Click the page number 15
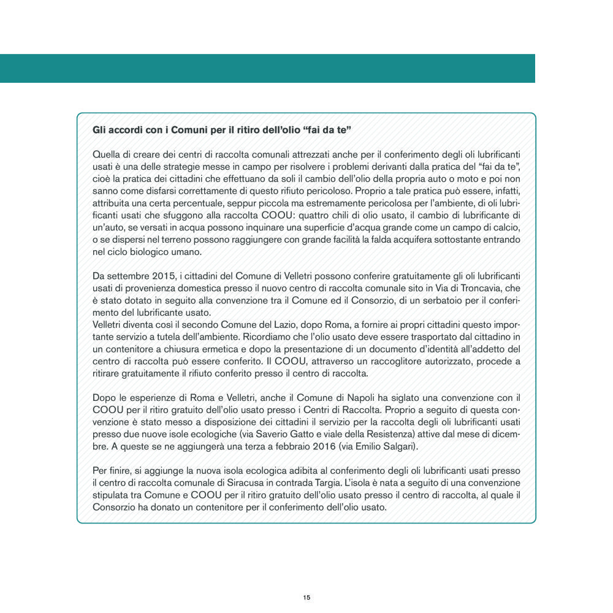(x=306, y=597)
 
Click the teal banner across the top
(x=267, y=68)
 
